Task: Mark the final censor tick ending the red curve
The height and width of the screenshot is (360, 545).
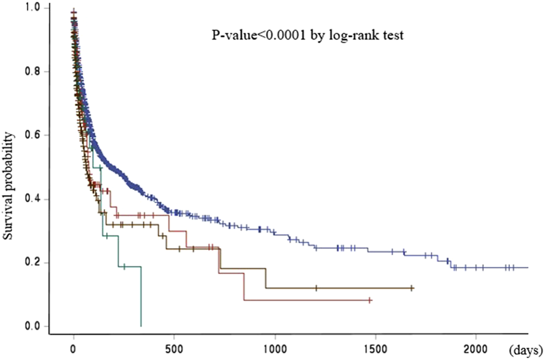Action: pyautogui.click(x=369, y=301)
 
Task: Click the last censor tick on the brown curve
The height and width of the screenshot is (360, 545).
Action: pyautogui.click(x=412, y=288)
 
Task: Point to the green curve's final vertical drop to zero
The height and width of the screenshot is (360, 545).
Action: pyautogui.click(x=141, y=297)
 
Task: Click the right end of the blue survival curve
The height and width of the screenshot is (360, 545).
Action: pyautogui.click(x=527, y=267)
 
